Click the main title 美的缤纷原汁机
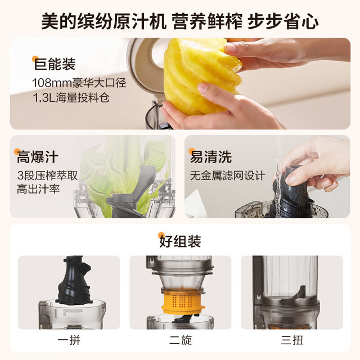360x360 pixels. click(x=103, y=21)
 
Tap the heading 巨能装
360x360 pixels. click(x=55, y=64)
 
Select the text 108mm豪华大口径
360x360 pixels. click(x=79, y=83)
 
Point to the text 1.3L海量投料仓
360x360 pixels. click(x=71, y=98)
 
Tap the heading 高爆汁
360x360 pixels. click(x=38, y=157)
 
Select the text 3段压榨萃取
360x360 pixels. click(x=47, y=175)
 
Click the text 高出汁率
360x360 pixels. click(x=38, y=190)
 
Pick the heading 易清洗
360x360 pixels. click(x=211, y=157)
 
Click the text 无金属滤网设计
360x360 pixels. click(x=227, y=176)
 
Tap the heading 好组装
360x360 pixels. click(x=180, y=241)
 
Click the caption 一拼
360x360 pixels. click(x=69, y=340)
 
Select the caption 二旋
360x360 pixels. click(x=181, y=340)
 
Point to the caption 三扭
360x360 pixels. click(x=292, y=340)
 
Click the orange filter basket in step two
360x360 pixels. click(x=183, y=300)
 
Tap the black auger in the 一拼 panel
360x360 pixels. click(x=74, y=281)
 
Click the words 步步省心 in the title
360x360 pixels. click(x=283, y=21)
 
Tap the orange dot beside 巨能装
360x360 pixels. click(x=35, y=58)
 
